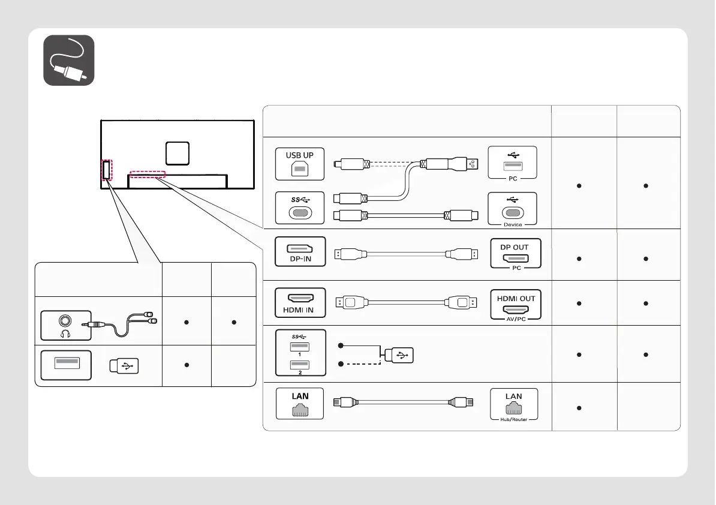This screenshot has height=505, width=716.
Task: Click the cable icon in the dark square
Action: tap(69, 60)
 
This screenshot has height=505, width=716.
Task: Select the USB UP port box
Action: tap(300, 164)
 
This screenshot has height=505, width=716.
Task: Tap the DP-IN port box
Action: tap(300, 251)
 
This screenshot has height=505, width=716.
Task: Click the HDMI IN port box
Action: tap(300, 303)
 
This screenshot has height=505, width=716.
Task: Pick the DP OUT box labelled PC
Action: tap(516, 254)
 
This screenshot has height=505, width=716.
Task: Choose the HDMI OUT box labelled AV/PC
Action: tap(516, 305)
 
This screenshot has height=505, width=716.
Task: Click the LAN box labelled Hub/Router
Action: tap(514, 405)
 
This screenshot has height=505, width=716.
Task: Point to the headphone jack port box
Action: tap(66, 326)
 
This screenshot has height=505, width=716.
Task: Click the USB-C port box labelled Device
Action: tap(512, 209)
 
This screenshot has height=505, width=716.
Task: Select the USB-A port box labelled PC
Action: tap(512, 163)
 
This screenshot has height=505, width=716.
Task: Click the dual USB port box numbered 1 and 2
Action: tap(301, 353)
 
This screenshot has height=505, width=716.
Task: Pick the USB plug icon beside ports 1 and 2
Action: tap(399, 355)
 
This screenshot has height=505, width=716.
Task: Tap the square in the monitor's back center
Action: tap(178, 154)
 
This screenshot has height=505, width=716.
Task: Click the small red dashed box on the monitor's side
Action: tap(107, 170)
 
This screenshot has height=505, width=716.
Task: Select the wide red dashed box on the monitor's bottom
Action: tap(148, 175)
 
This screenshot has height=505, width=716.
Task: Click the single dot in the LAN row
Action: tap(579, 408)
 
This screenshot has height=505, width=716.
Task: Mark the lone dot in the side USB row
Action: tap(186, 365)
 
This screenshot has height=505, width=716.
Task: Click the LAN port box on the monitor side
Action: tap(300, 404)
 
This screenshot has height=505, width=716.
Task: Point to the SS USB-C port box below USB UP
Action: tap(300, 208)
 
